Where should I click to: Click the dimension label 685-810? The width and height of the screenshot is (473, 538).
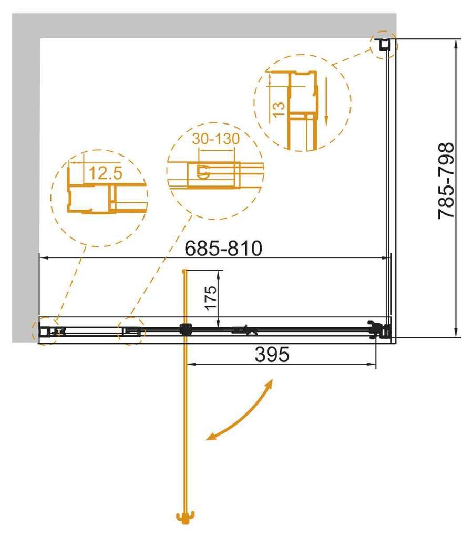point(223,248)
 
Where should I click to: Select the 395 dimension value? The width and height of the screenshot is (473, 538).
point(272,356)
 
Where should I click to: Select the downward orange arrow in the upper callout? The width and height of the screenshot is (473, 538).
point(326,100)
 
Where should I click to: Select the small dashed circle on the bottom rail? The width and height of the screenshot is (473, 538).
point(131,332)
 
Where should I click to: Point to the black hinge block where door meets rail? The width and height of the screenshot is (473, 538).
point(184,330)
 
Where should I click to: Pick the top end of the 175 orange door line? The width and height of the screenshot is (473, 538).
point(184,271)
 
